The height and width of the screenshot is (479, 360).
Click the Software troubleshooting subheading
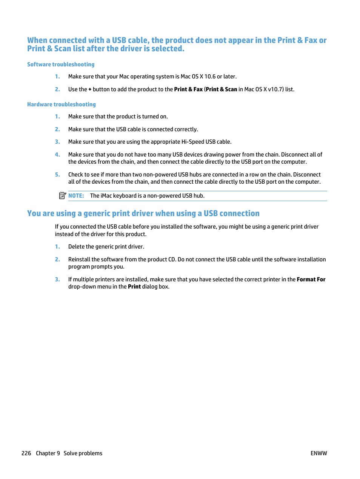pos(61,64)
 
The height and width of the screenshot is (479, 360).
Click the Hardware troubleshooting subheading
pos(62,104)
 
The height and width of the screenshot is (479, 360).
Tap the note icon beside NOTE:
pos(63,195)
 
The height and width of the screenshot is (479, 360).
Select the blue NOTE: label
pos(76,196)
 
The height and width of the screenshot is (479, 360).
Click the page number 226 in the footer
pos(26,453)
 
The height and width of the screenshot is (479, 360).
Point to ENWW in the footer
pos(318,453)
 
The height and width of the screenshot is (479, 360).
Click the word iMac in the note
pos(106,196)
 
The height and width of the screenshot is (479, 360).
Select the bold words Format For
pos(311,279)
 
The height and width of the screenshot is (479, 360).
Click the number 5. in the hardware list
pos(57,175)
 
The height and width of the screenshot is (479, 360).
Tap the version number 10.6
pos(210,77)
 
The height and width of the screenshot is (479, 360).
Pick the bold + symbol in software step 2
pos(90,89)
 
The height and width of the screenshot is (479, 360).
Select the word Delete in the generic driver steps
pos(76,247)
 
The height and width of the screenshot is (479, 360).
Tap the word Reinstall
pos(79,259)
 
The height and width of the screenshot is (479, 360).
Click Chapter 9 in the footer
pos(48,453)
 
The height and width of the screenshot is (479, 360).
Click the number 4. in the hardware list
pos(57,155)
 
